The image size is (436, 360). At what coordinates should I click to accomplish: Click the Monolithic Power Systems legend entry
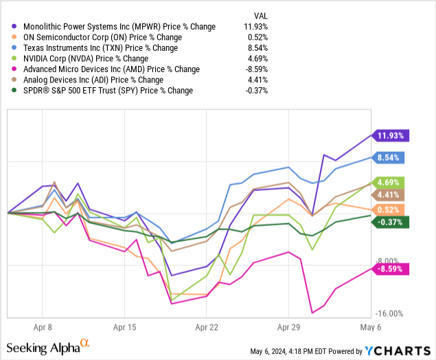pos(117,27)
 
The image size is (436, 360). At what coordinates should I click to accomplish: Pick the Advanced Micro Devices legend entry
pos(111,69)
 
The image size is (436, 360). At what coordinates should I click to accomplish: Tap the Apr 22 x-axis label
pos(207,328)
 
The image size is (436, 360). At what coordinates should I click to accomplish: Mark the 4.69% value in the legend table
pos(254,58)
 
